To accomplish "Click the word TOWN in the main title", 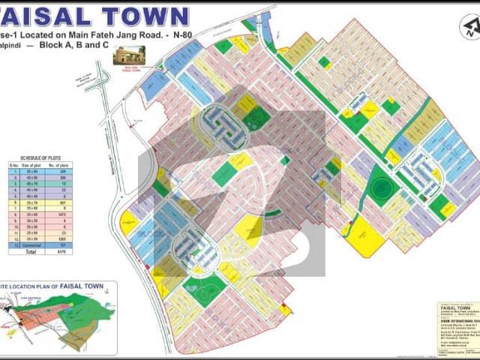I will (x=145, y=16).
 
